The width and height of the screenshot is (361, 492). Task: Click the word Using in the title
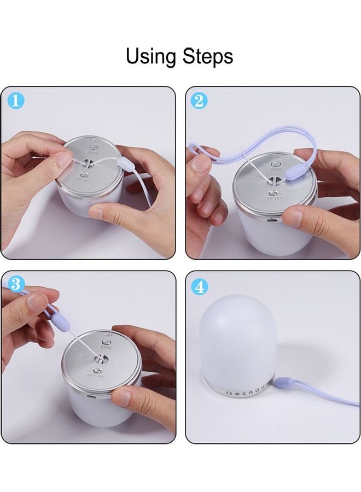point(150,56)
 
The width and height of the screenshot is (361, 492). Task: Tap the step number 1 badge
point(16,101)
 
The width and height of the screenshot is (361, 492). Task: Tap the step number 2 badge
point(200,101)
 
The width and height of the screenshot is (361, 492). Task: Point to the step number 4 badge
point(200,286)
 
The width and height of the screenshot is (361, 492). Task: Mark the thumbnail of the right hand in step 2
point(293,219)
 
